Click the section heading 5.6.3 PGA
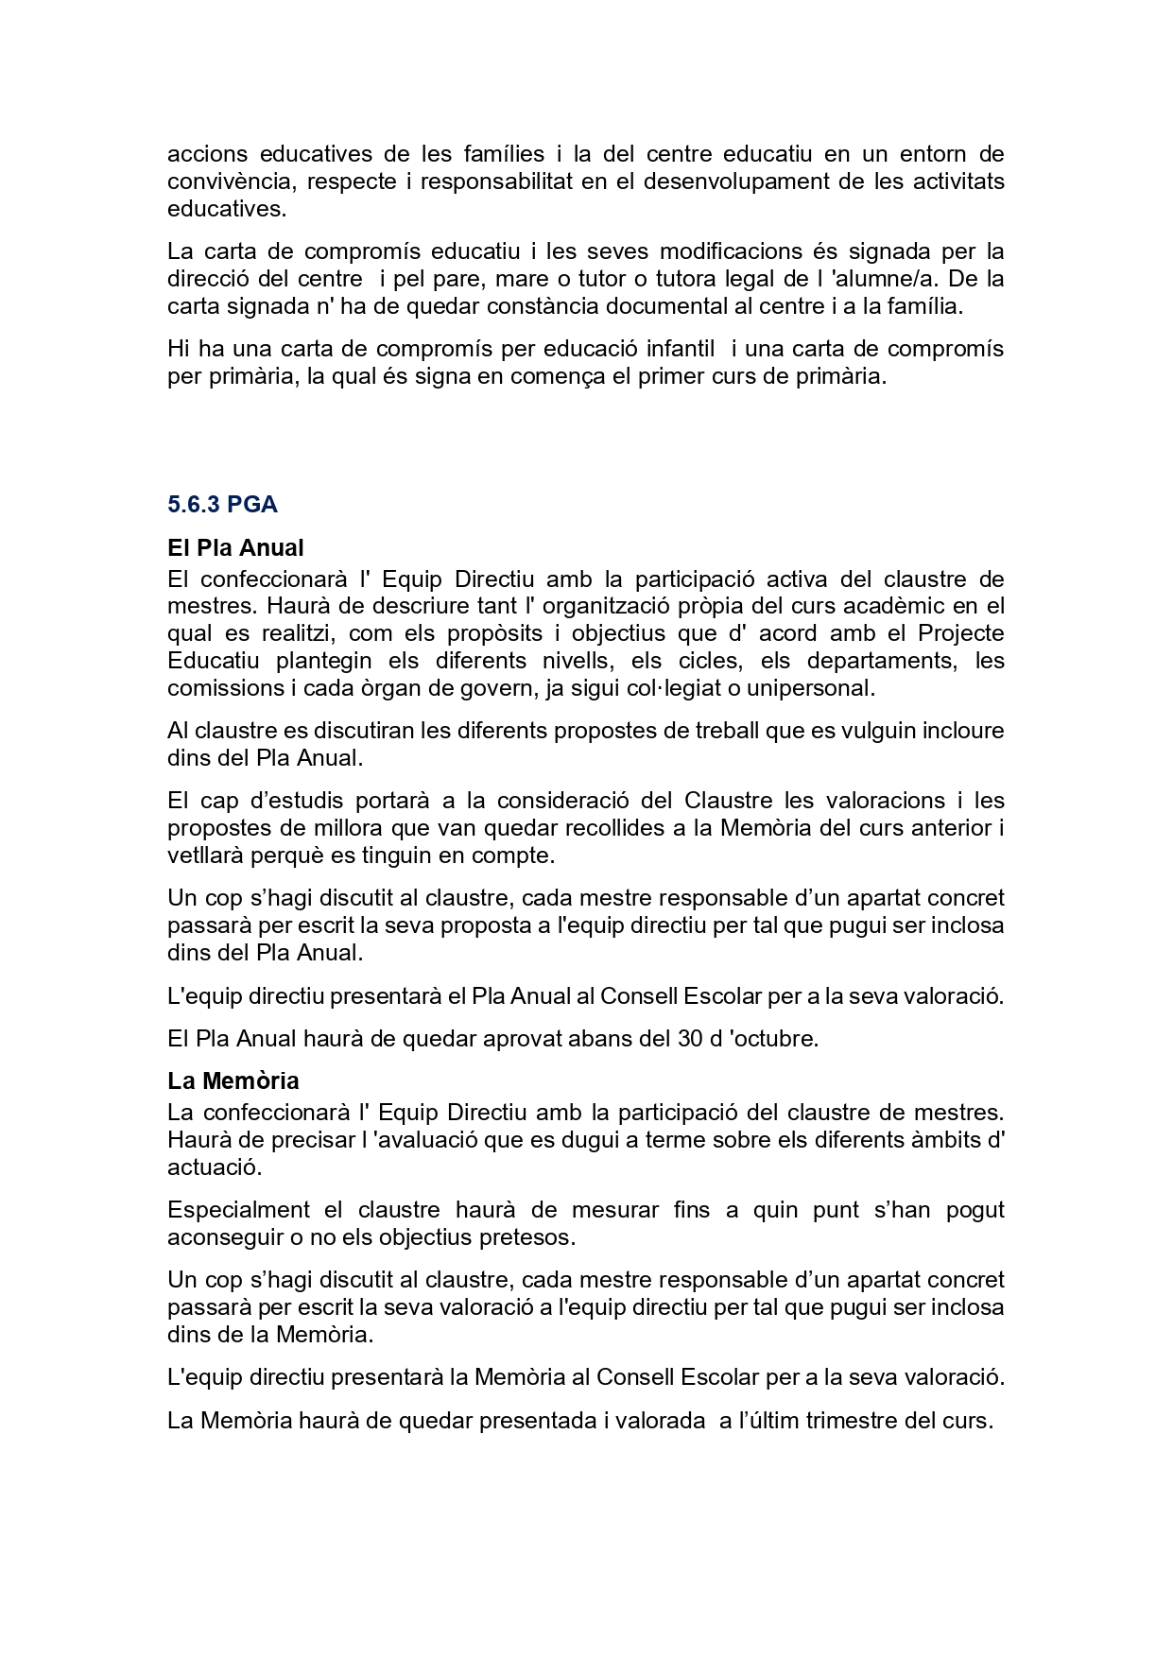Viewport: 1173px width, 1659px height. [x=222, y=505]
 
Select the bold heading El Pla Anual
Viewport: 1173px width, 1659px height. [x=235, y=548]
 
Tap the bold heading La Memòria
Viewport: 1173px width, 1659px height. [x=233, y=1080]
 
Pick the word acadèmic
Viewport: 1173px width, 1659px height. [x=909, y=606]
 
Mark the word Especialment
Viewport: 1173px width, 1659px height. [x=238, y=1210]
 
